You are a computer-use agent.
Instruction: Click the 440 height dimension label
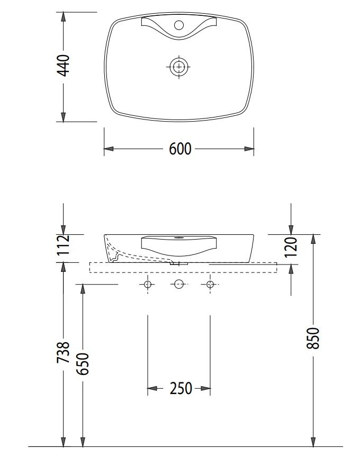tap(63, 65)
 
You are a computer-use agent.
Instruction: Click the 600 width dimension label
tap(180, 149)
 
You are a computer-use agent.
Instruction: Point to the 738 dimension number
tap(63, 352)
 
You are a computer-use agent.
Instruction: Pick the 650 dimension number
tap(83, 363)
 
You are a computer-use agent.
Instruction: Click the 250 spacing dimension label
tap(181, 389)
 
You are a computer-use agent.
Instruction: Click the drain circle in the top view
tap(179, 66)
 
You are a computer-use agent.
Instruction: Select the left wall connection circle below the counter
tap(148, 285)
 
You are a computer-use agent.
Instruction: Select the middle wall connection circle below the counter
tap(179, 285)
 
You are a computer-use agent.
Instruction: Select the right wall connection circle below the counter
tap(210, 285)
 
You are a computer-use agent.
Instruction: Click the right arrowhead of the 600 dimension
tap(249, 149)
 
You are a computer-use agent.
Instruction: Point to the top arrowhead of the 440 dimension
tap(63, 16)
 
